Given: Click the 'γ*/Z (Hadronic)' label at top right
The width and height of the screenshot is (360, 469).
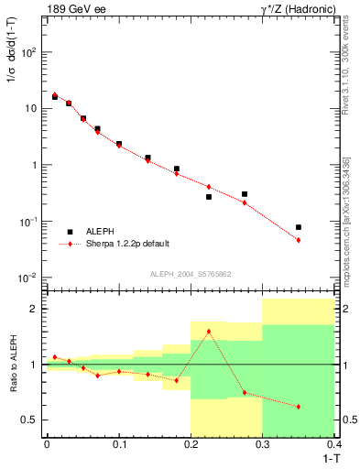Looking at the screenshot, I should tap(297, 9).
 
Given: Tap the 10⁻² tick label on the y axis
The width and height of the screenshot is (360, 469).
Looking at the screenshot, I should tap(27, 278).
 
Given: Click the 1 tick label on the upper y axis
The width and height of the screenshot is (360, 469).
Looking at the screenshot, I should tap(35, 166).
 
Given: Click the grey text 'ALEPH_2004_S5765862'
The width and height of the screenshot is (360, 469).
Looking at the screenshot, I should tap(190, 274).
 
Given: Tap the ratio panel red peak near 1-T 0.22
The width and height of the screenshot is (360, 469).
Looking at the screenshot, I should tap(209, 332).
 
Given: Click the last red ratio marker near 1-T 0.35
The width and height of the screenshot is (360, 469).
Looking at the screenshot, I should tap(299, 407).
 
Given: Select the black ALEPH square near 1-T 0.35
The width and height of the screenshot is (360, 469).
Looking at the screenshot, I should tap(299, 227).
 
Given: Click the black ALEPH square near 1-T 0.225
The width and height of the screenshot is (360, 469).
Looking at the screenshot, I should tap(209, 197).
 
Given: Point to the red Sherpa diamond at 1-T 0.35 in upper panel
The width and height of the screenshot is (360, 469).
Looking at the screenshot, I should tap(299, 240).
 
